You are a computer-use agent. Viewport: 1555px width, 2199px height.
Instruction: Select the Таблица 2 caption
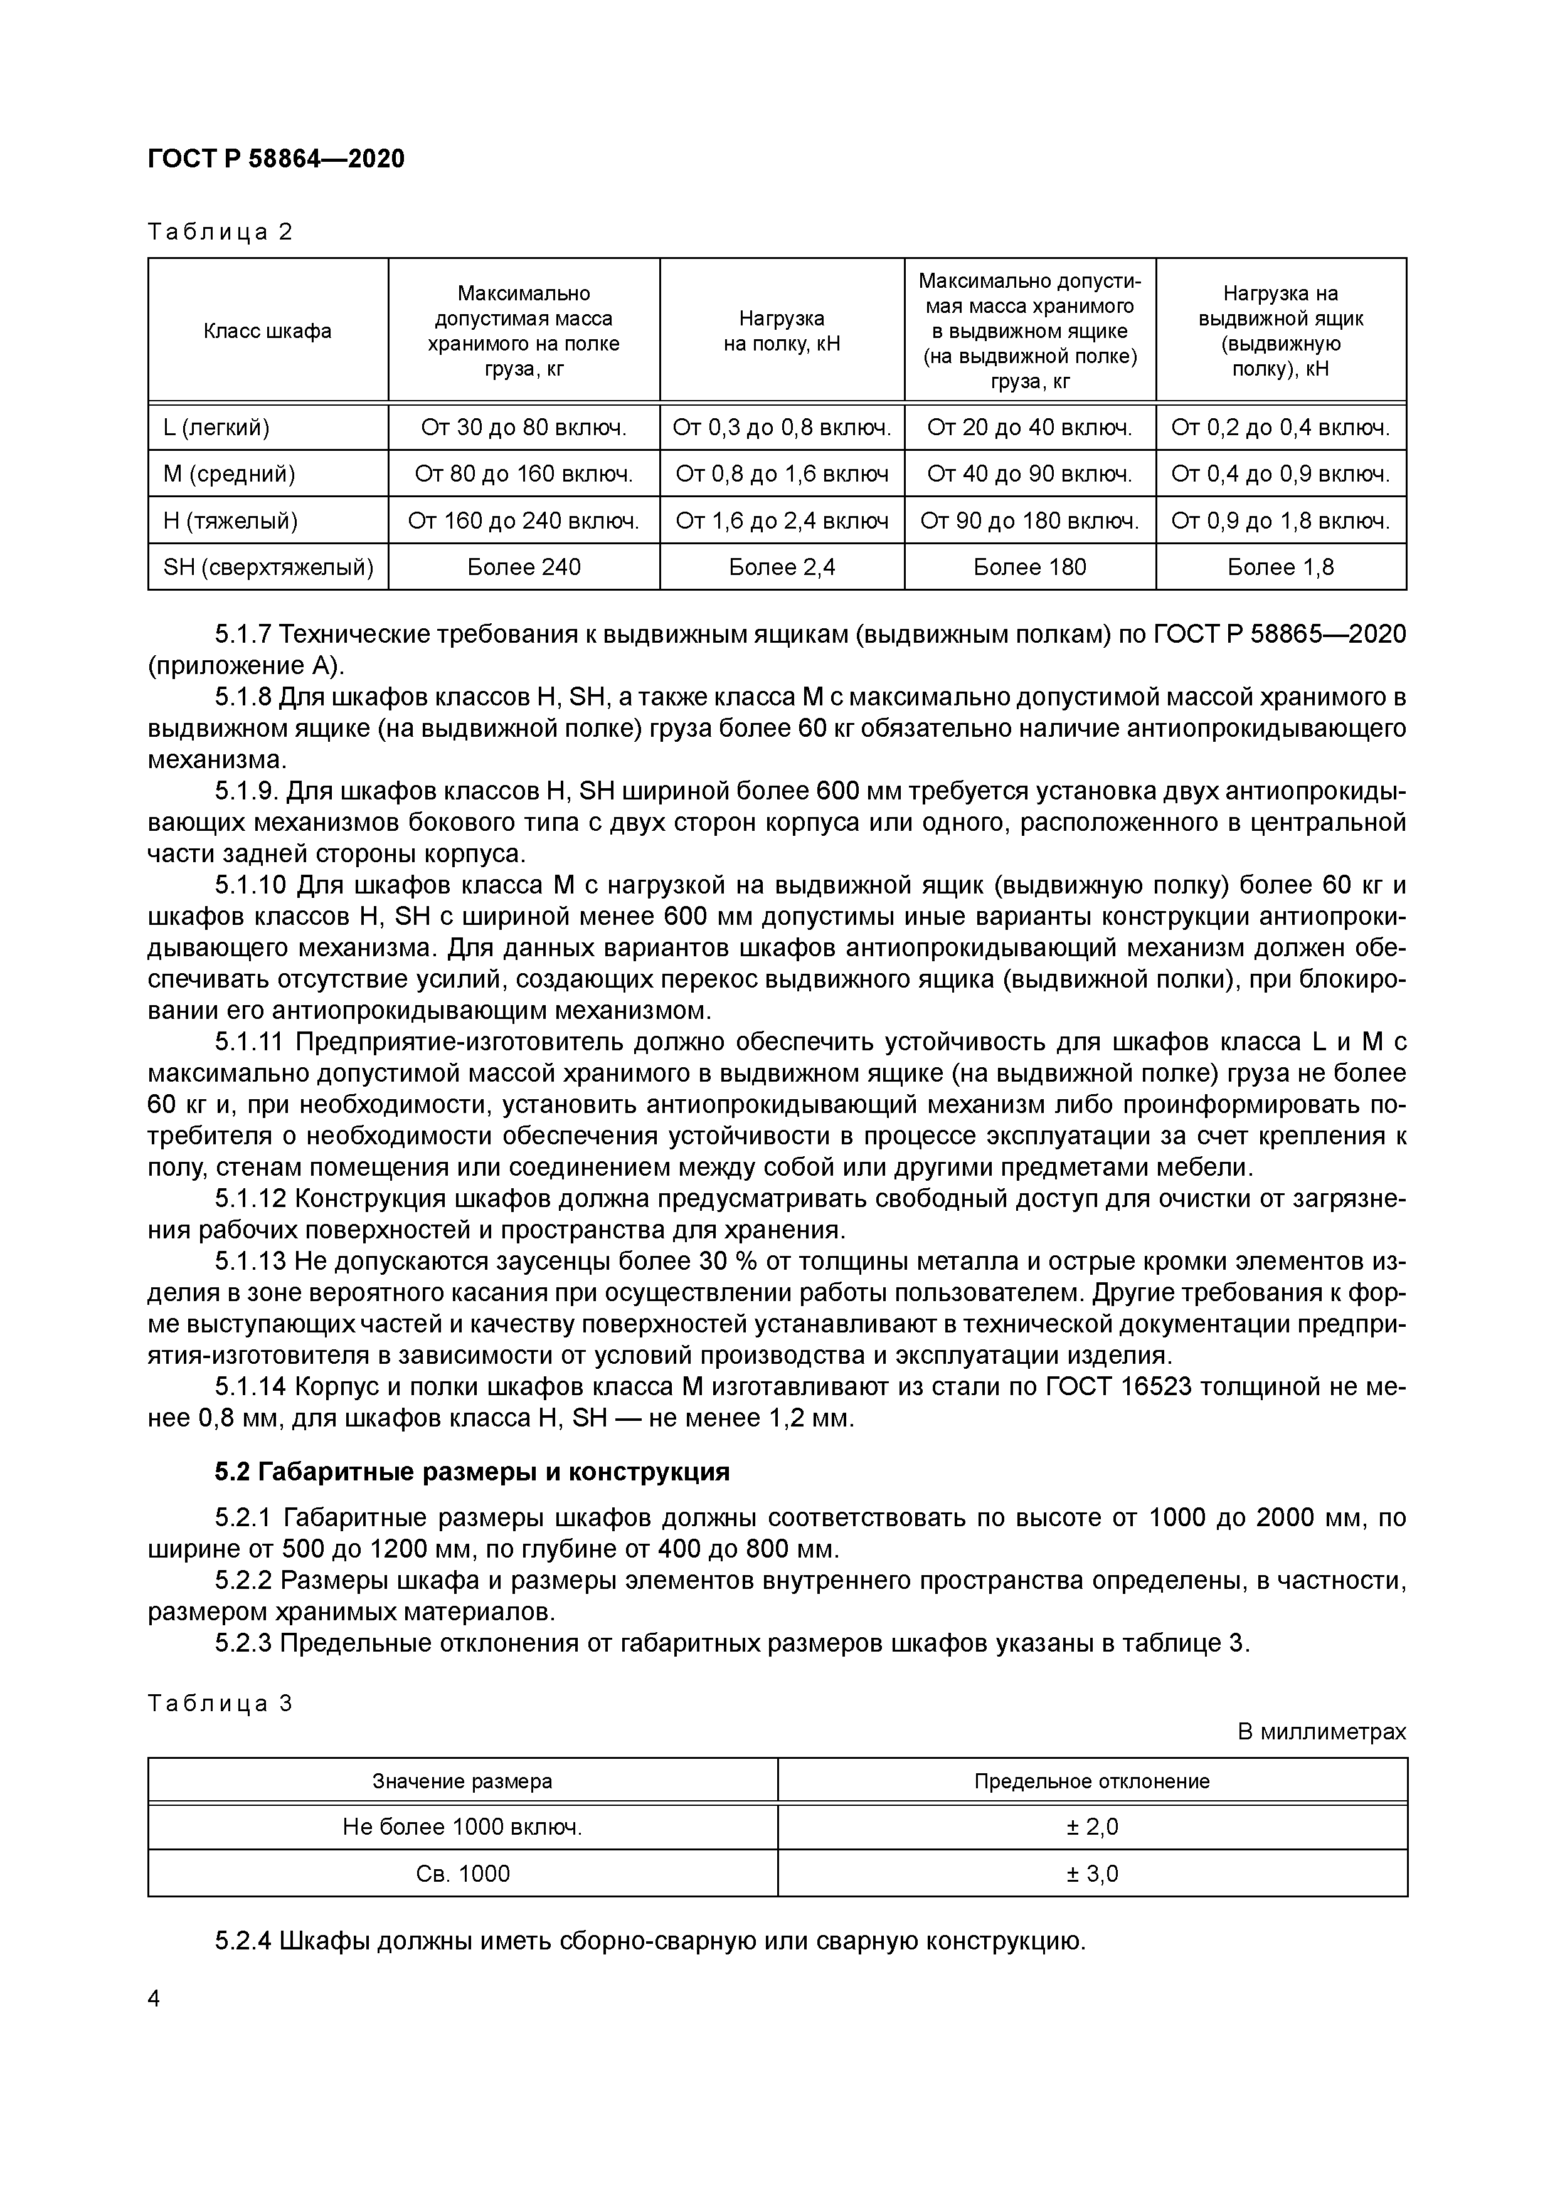[220, 232]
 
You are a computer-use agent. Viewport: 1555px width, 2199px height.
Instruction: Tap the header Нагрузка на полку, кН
[781, 330]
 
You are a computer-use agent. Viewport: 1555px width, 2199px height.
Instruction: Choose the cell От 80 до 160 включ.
[523, 473]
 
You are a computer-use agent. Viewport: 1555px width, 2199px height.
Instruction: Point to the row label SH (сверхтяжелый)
[268, 567]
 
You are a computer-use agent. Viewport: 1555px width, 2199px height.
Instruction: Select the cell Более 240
[523, 567]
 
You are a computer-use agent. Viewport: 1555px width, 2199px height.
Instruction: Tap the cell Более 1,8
[1280, 567]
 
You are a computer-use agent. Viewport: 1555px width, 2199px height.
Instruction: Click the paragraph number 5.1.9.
[247, 791]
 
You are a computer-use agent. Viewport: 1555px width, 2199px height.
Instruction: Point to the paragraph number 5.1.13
[251, 1262]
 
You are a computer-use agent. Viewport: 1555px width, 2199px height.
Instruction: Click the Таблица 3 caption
[220, 1703]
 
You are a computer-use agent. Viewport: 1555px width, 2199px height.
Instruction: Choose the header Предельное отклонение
[1091, 1781]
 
